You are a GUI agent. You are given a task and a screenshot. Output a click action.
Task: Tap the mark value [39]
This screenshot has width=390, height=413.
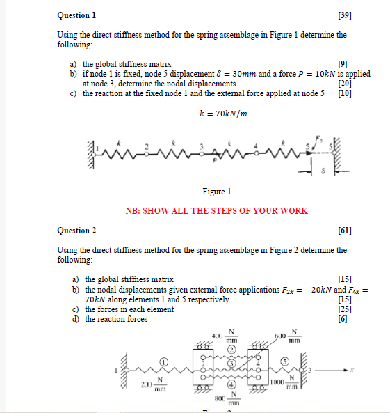344,15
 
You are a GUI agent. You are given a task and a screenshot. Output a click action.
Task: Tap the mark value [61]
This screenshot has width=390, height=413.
344,231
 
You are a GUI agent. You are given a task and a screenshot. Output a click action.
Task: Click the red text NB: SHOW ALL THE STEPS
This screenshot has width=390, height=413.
216,210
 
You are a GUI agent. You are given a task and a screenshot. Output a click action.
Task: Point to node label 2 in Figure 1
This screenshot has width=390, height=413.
146,147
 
